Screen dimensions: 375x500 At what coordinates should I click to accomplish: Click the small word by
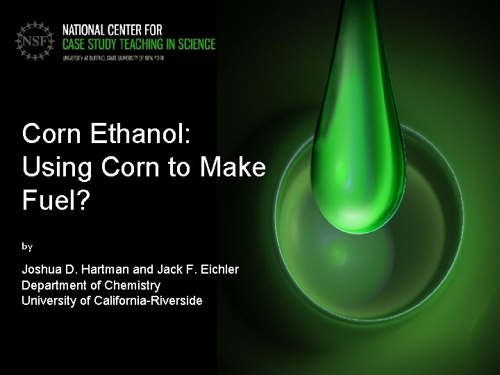point(27,246)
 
